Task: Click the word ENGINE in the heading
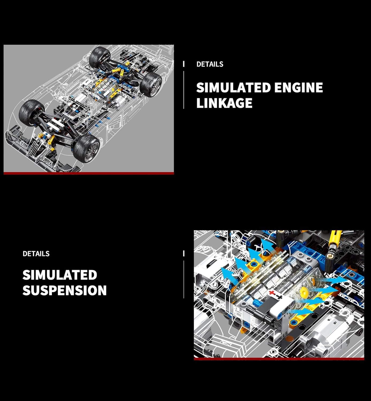coord(298,87)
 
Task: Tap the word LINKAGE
coord(224,103)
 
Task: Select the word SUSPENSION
coord(65,290)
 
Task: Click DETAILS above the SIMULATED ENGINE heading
coord(210,64)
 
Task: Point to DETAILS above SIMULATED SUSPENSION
coord(36,254)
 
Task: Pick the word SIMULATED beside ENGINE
coord(233,87)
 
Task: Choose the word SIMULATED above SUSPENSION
coord(60,275)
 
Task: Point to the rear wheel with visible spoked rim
coord(151,85)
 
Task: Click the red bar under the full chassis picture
coord(89,173)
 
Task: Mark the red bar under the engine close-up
coord(279,359)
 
